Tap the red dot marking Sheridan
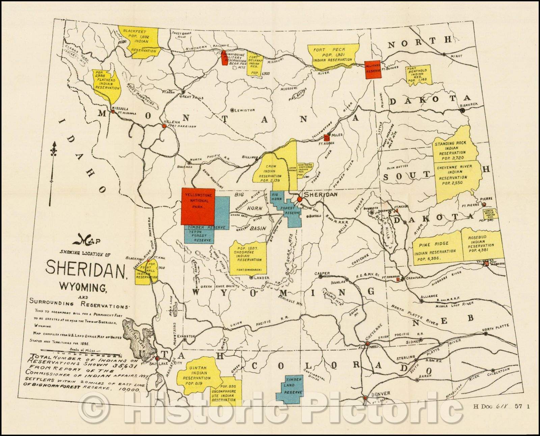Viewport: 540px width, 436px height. point(299,199)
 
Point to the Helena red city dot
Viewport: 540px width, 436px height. point(164,126)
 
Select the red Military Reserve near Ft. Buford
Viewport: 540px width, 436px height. point(374,70)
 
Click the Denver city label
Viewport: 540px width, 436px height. point(381,393)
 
